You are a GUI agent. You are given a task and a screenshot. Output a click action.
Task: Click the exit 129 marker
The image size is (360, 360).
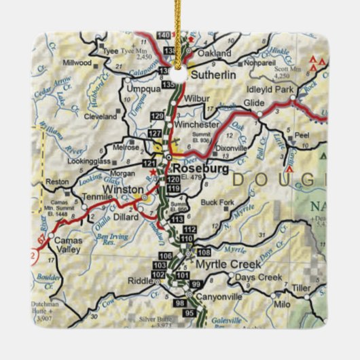(x=158, y=117)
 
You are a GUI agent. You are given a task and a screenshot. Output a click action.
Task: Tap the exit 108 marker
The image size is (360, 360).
(x=203, y=252)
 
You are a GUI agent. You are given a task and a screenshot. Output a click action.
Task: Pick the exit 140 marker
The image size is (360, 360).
(x=163, y=35)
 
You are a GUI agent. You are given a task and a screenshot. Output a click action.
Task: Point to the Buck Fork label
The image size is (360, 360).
(x=218, y=202)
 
